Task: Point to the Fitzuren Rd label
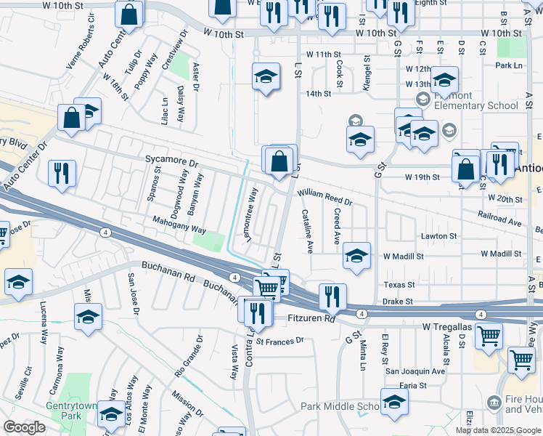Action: pyautogui.click(x=309, y=318)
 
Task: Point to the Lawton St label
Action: pyautogui.click(x=439, y=236)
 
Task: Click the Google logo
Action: pyautogui.click(x=24, y=427)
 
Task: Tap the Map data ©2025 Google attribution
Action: pyautogui.click(x=498, y=430)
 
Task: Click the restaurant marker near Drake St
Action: pyautogui.click(x=332, y=295)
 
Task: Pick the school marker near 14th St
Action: pyautogui.click(x=266, y=76)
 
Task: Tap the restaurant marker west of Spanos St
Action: pyautogui.click(x=60, y=173)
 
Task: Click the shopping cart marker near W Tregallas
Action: pyautogui.click(x=489, y=335)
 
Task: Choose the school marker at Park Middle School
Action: pyautogui.click(x=393, y=403)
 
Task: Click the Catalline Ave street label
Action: pyautogui.click(x=308, y=231)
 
